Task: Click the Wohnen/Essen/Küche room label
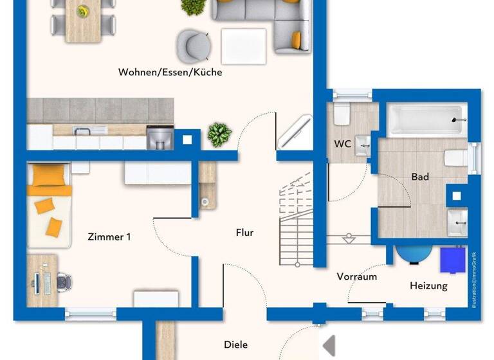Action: [170, 73]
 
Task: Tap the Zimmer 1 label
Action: [109, 237]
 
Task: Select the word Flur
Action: [244, 233]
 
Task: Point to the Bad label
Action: [420, 177]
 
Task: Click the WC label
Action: [342, 144]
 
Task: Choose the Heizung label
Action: [428, 285]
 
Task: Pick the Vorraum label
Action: [357, 277]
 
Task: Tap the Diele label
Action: [235, 345]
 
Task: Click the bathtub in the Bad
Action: [425, 120]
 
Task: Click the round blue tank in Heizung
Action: [414, 253]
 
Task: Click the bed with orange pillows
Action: [49, 204]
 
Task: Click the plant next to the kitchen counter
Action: [219, 135]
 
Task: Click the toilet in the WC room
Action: [342, 114]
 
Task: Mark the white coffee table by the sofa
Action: [243, 46]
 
